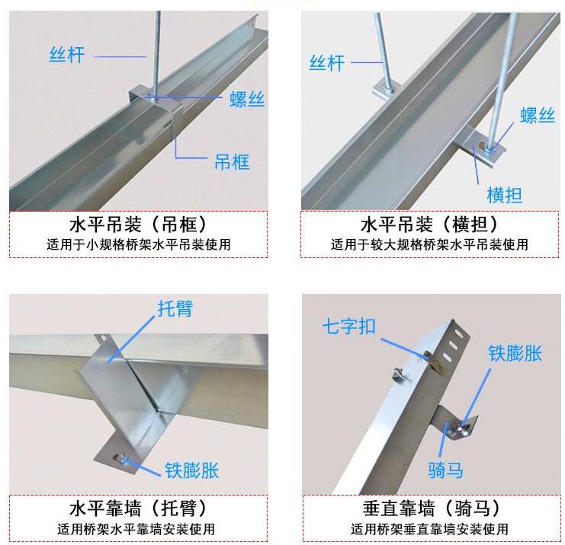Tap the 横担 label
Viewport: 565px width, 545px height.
504,195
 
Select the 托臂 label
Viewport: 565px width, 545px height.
175,309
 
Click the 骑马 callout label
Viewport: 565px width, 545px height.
445,470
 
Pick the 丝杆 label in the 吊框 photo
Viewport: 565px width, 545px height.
66,55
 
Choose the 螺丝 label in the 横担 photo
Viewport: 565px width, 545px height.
538,116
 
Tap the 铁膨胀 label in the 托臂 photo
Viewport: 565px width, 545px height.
191,470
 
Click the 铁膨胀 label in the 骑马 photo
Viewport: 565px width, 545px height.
515,353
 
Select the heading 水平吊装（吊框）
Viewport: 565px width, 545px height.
138,225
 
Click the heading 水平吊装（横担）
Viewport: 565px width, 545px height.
429,225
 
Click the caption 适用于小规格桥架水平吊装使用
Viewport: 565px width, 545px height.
138,245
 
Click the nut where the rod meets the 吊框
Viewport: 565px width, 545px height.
152,97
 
